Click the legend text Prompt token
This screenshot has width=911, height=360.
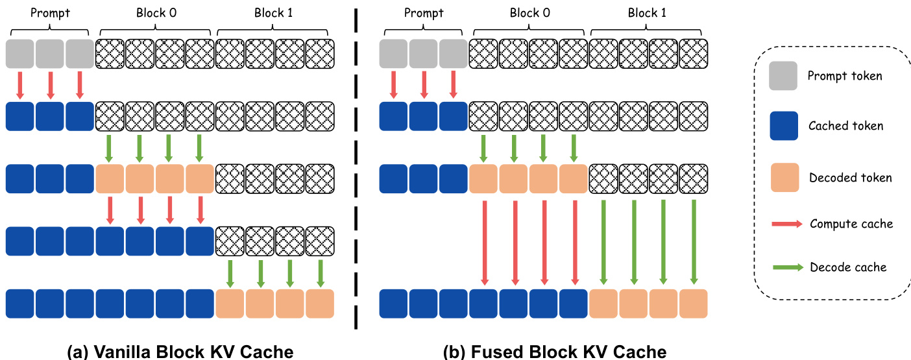click(844, 76)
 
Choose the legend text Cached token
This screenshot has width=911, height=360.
click(845, 126)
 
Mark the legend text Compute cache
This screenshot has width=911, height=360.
click(851, 224)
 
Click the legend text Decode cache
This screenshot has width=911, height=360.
click(847, 267)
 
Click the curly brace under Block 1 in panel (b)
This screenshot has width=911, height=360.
click(648, 30)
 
